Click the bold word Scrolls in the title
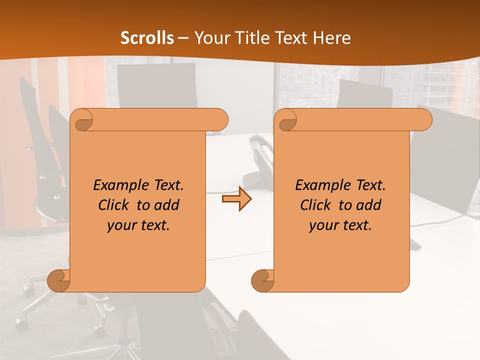[147, 38]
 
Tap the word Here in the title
[331, 38]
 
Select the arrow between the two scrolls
[236, 199]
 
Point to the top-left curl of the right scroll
[287, 120]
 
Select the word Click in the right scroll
[316, 205]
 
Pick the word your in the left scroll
[122, 225]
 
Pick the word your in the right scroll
[324, 225]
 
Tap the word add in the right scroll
[368, 205]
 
